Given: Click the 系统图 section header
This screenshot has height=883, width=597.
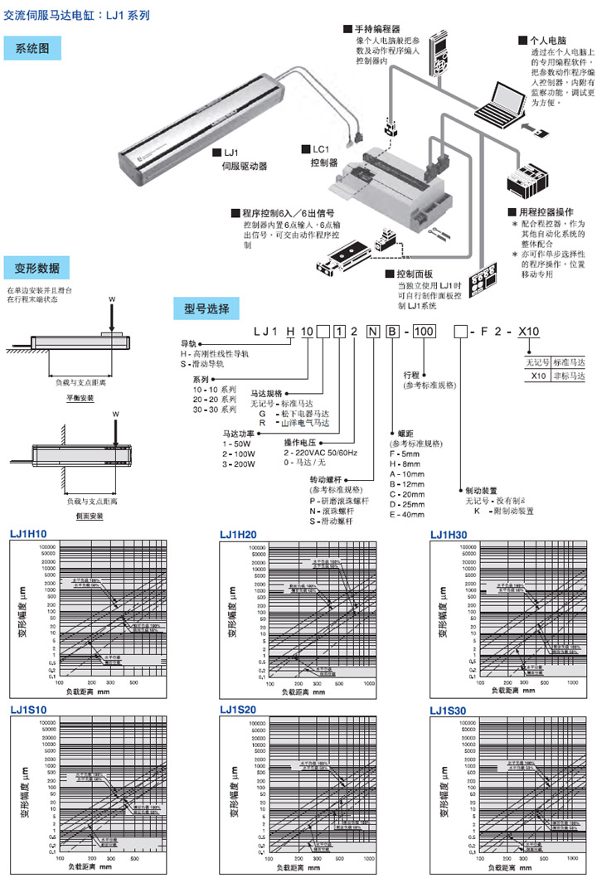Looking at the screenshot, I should (32, 49).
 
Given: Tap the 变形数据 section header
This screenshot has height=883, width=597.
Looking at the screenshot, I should (37, 268).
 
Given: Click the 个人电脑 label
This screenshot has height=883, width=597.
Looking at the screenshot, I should (547, 39).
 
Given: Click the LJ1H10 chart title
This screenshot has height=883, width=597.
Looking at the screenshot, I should (29, 533).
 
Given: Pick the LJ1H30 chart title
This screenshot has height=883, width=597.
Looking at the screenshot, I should (449, 533).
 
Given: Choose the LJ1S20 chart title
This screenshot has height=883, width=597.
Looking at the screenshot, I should (239, 710).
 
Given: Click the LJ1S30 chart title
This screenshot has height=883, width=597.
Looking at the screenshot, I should (449, 710).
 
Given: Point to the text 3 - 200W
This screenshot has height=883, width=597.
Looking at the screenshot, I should (239, 464).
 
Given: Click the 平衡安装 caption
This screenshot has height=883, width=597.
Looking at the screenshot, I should (80, 398).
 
